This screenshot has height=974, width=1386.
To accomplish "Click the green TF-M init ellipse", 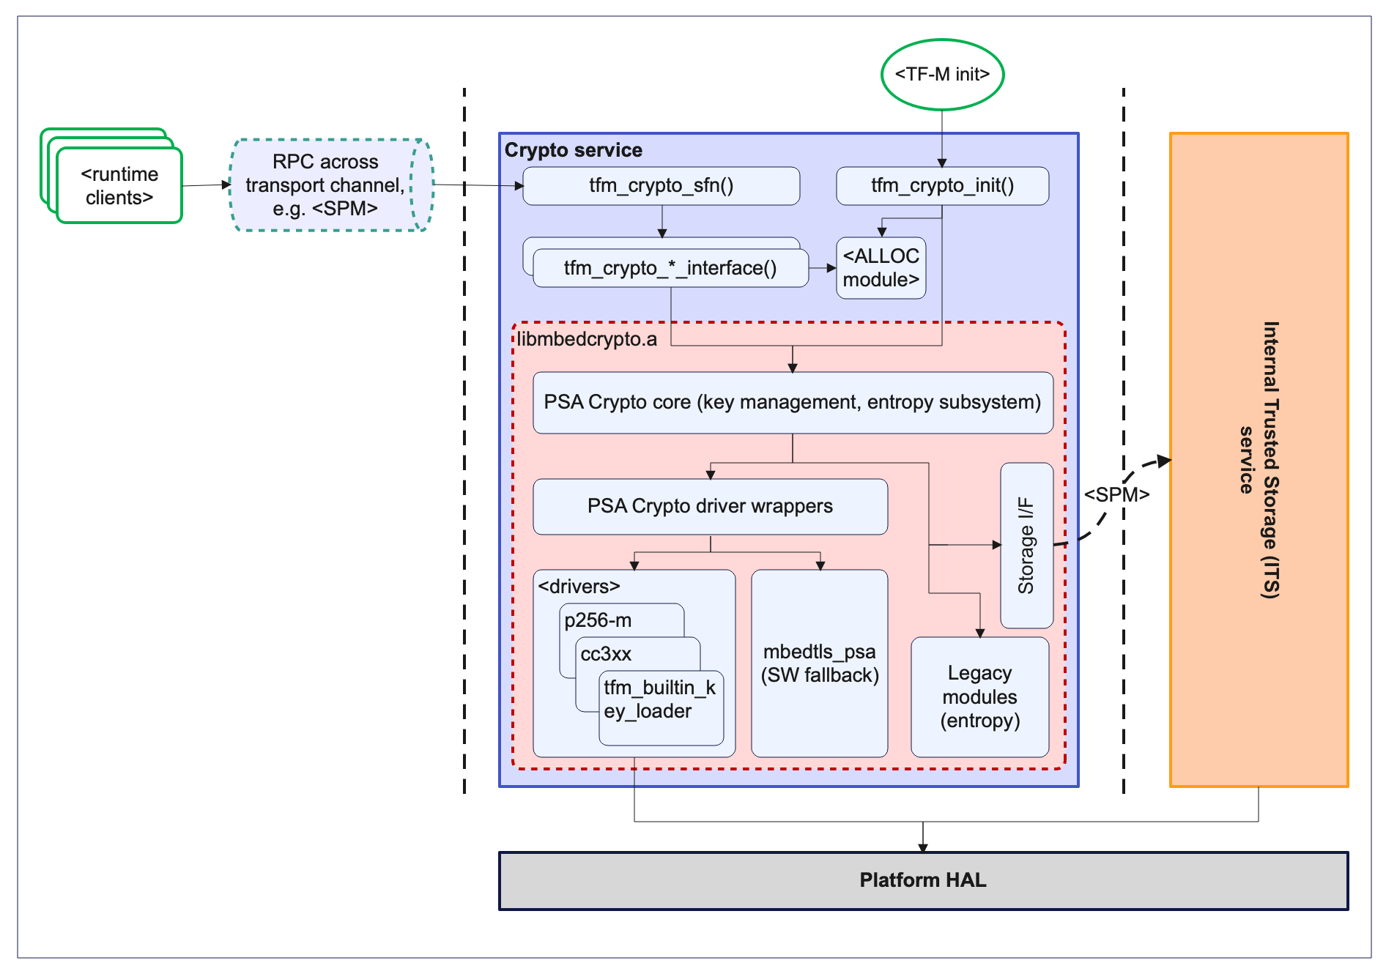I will [941, 75].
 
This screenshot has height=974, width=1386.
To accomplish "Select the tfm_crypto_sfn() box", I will [661, 186].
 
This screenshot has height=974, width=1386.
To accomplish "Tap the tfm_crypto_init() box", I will [942, 186].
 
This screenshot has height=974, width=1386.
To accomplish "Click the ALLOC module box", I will [881, 268].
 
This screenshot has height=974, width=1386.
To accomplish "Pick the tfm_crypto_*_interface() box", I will [670, 269].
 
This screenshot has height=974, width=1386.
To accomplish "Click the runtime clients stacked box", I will [119, 186].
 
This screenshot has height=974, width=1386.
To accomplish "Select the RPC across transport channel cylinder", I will [325, 185].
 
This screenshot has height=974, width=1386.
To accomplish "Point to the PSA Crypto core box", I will [792, 403].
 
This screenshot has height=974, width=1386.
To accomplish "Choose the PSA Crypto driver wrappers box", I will [709, 507].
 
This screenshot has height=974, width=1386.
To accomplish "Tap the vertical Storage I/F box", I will [1026, 546].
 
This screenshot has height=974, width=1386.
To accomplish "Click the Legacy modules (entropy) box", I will [979, 697].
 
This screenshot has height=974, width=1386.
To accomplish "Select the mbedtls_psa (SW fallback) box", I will [819, 663].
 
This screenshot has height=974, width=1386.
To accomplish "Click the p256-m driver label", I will [598, 620].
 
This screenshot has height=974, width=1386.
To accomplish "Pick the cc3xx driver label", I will [606, 654].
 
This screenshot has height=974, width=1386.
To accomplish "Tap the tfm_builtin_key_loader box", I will [659, 700].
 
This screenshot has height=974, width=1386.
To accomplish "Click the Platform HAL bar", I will [922, 880].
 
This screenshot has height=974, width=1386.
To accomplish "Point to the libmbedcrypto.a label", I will [587, 340].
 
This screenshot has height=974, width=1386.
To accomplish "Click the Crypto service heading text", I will [573, 150].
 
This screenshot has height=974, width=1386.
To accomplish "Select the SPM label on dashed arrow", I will [1116, 495].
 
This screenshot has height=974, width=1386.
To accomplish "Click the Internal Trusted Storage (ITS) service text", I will [1259, 460].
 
